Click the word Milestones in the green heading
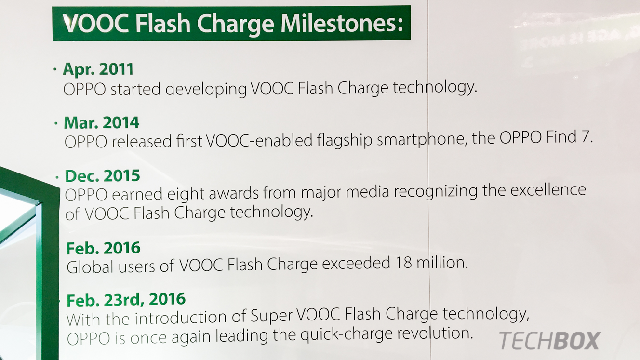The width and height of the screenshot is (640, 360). (x=342, y=23)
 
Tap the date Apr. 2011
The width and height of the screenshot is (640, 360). (x=98, y=69)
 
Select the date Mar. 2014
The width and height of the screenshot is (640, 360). (x=101, y=122)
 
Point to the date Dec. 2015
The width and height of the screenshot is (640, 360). (x=103, y=176)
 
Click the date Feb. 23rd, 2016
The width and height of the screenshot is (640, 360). (x=126, y=300)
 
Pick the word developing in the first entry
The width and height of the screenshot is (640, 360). (x=206, y=90)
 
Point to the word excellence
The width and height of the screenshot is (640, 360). (x=548, y=190)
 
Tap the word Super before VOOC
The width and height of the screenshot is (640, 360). (x=272, y=316)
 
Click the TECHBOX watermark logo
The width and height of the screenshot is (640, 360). (x=549, y=341)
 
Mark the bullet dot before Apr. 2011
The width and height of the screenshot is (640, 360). (x=55, y=69)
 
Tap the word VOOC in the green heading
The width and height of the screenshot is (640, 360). (x=96, y=24)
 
